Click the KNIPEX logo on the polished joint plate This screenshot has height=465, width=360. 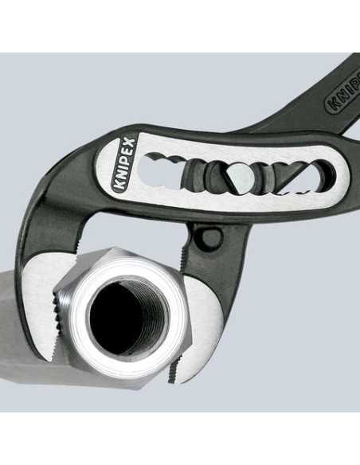tap(123, 165)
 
